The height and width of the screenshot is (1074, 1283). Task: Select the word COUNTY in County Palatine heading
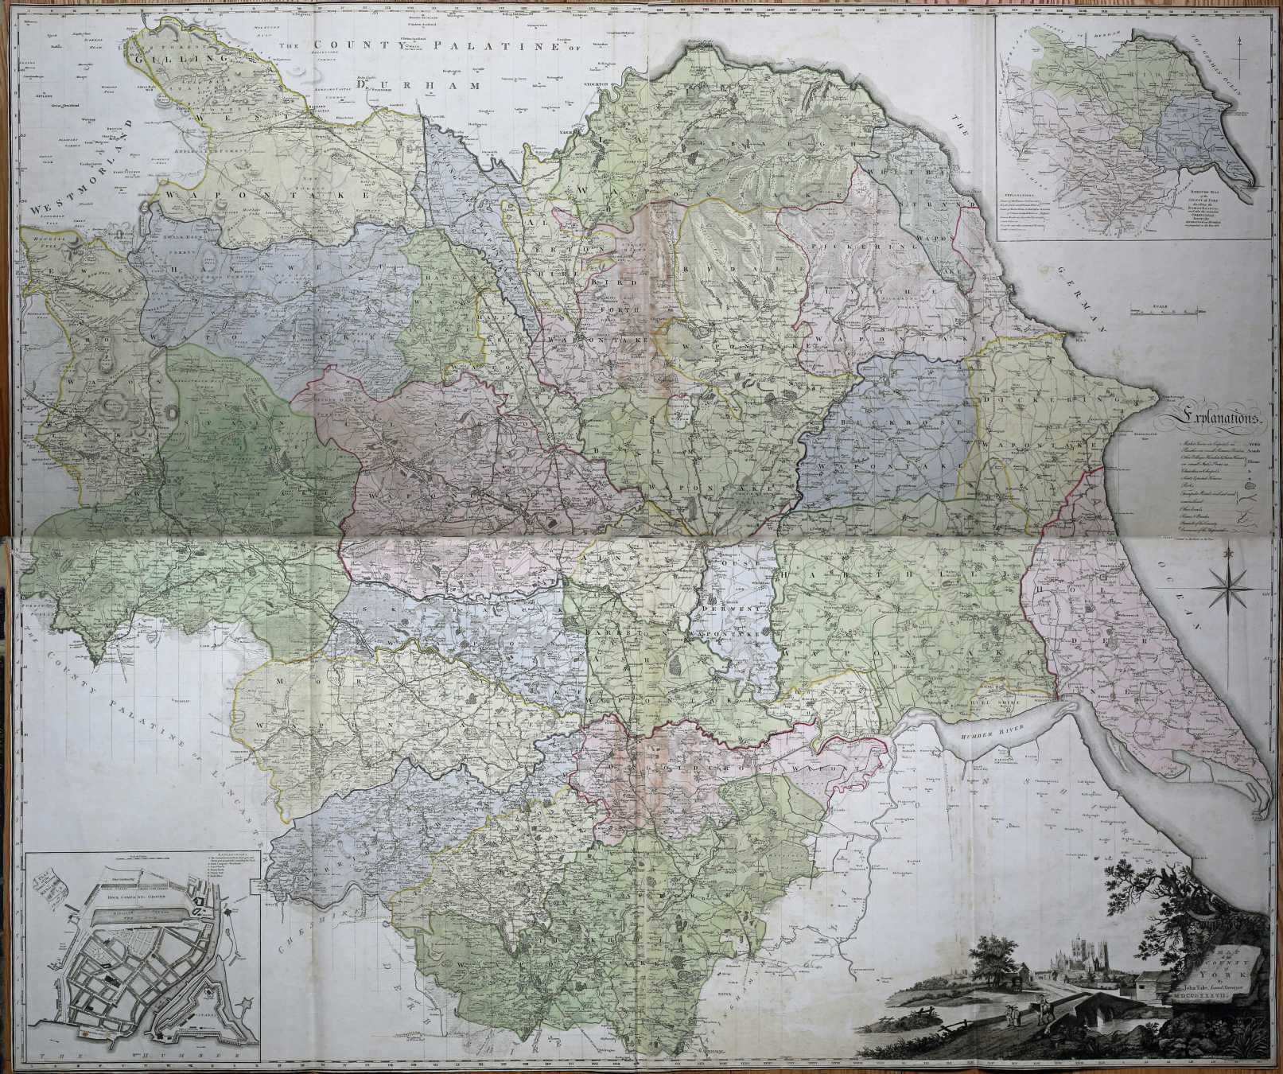(x=348, y=46)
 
